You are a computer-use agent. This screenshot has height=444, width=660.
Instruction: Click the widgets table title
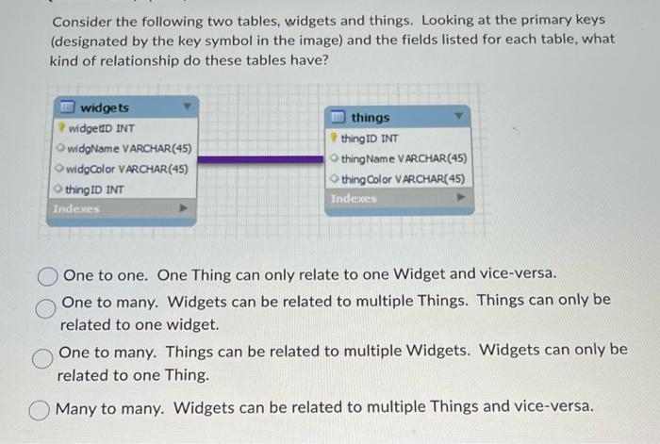(x=105, y=108)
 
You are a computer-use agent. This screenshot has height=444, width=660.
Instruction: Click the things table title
(x=370, y=118)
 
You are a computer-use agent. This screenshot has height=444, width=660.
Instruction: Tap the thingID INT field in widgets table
(x=95, y=189)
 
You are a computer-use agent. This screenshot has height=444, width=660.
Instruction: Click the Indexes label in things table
(x=353, y=199)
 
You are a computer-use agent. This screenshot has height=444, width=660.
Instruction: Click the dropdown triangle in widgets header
(x=187, y=107)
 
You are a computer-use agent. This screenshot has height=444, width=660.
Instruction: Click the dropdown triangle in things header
(x=459, y=117)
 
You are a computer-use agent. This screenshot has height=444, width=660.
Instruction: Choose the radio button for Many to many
(x=41, y=408)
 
